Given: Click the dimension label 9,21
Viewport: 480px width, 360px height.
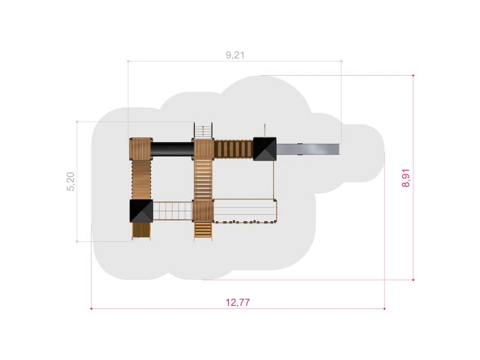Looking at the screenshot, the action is pos(235,55).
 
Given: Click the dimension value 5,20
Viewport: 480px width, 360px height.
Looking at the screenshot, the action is pos(71,181).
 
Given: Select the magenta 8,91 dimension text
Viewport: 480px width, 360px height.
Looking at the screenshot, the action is pos(406,178).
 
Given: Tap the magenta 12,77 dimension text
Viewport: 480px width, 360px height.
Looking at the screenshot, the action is pos(237,302).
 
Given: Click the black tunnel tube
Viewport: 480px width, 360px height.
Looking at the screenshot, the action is pos(172,149).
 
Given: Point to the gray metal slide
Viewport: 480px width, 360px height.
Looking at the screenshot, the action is pos(308,149).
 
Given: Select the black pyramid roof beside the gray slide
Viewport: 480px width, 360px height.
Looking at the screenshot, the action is pos(265,149).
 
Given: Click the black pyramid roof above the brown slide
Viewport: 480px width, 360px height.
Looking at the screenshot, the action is pos(141,211).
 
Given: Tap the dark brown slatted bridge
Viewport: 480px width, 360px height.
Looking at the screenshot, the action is pos(234,149).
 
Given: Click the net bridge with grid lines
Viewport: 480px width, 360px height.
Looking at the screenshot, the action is pos(173,211).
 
